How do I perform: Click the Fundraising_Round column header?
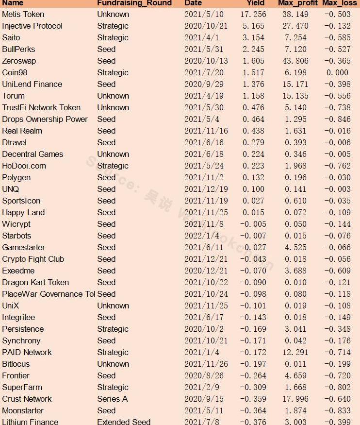coord(134,3)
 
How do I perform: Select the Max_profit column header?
coord(297,3)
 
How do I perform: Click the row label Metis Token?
coord(23,15)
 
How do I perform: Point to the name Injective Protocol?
coord(32,26)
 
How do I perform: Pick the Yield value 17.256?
coord(254,15)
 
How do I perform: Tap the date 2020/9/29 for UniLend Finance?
coord(203,85)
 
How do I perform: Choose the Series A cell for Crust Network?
coord(113,399)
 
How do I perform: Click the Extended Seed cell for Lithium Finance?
coord(124,422)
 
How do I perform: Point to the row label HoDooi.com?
coord(24,166)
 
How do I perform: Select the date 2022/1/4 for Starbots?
coord(201,236)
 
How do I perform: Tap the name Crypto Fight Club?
coord(33,259)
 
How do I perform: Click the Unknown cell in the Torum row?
coord(113,96)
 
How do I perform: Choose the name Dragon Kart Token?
coord(35,283)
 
